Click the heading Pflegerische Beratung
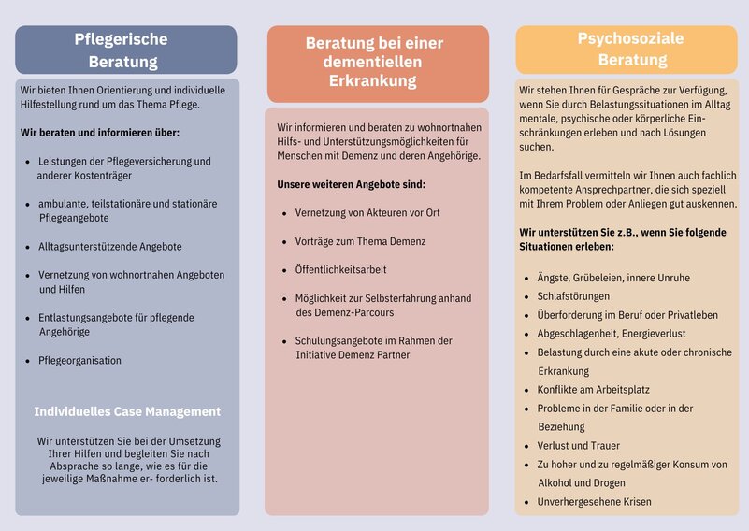(125, 50)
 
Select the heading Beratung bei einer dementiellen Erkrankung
(377, 62)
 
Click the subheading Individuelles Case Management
(127, 411)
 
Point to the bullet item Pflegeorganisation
(79, 361)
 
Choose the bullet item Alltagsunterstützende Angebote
(110, 247)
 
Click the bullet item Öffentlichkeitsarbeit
(340, 270)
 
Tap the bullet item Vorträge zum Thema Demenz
(360, 241)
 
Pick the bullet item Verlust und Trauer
(578, 446)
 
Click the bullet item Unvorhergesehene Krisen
(594, 502)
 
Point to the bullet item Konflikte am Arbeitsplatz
(593, 390)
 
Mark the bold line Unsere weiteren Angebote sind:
(351, 184)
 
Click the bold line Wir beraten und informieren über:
(100, 133)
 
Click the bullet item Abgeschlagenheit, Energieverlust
(612, 334)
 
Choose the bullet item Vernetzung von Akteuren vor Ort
(367, 213)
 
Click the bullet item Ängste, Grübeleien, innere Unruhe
(613, 278)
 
